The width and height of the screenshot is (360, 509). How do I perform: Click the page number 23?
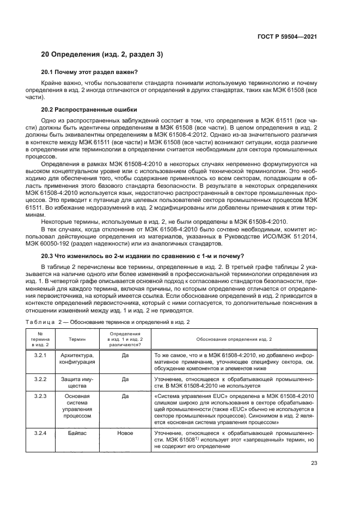click(x=313, y=463)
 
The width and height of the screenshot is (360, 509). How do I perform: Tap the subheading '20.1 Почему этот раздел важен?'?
click(x=90, y=71)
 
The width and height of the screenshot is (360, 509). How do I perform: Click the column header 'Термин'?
click(x=77, y=339)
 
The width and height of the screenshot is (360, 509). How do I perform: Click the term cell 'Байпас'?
click(x=77, y=433)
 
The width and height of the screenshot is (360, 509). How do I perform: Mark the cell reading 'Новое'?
click(x=125, y=433)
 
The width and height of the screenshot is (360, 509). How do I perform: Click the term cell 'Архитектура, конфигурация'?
click(x=77, y=359)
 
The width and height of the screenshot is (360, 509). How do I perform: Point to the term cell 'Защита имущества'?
click(x=77, y=383)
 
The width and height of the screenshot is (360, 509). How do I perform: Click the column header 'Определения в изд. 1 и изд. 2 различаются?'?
click(x=125, y=339)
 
